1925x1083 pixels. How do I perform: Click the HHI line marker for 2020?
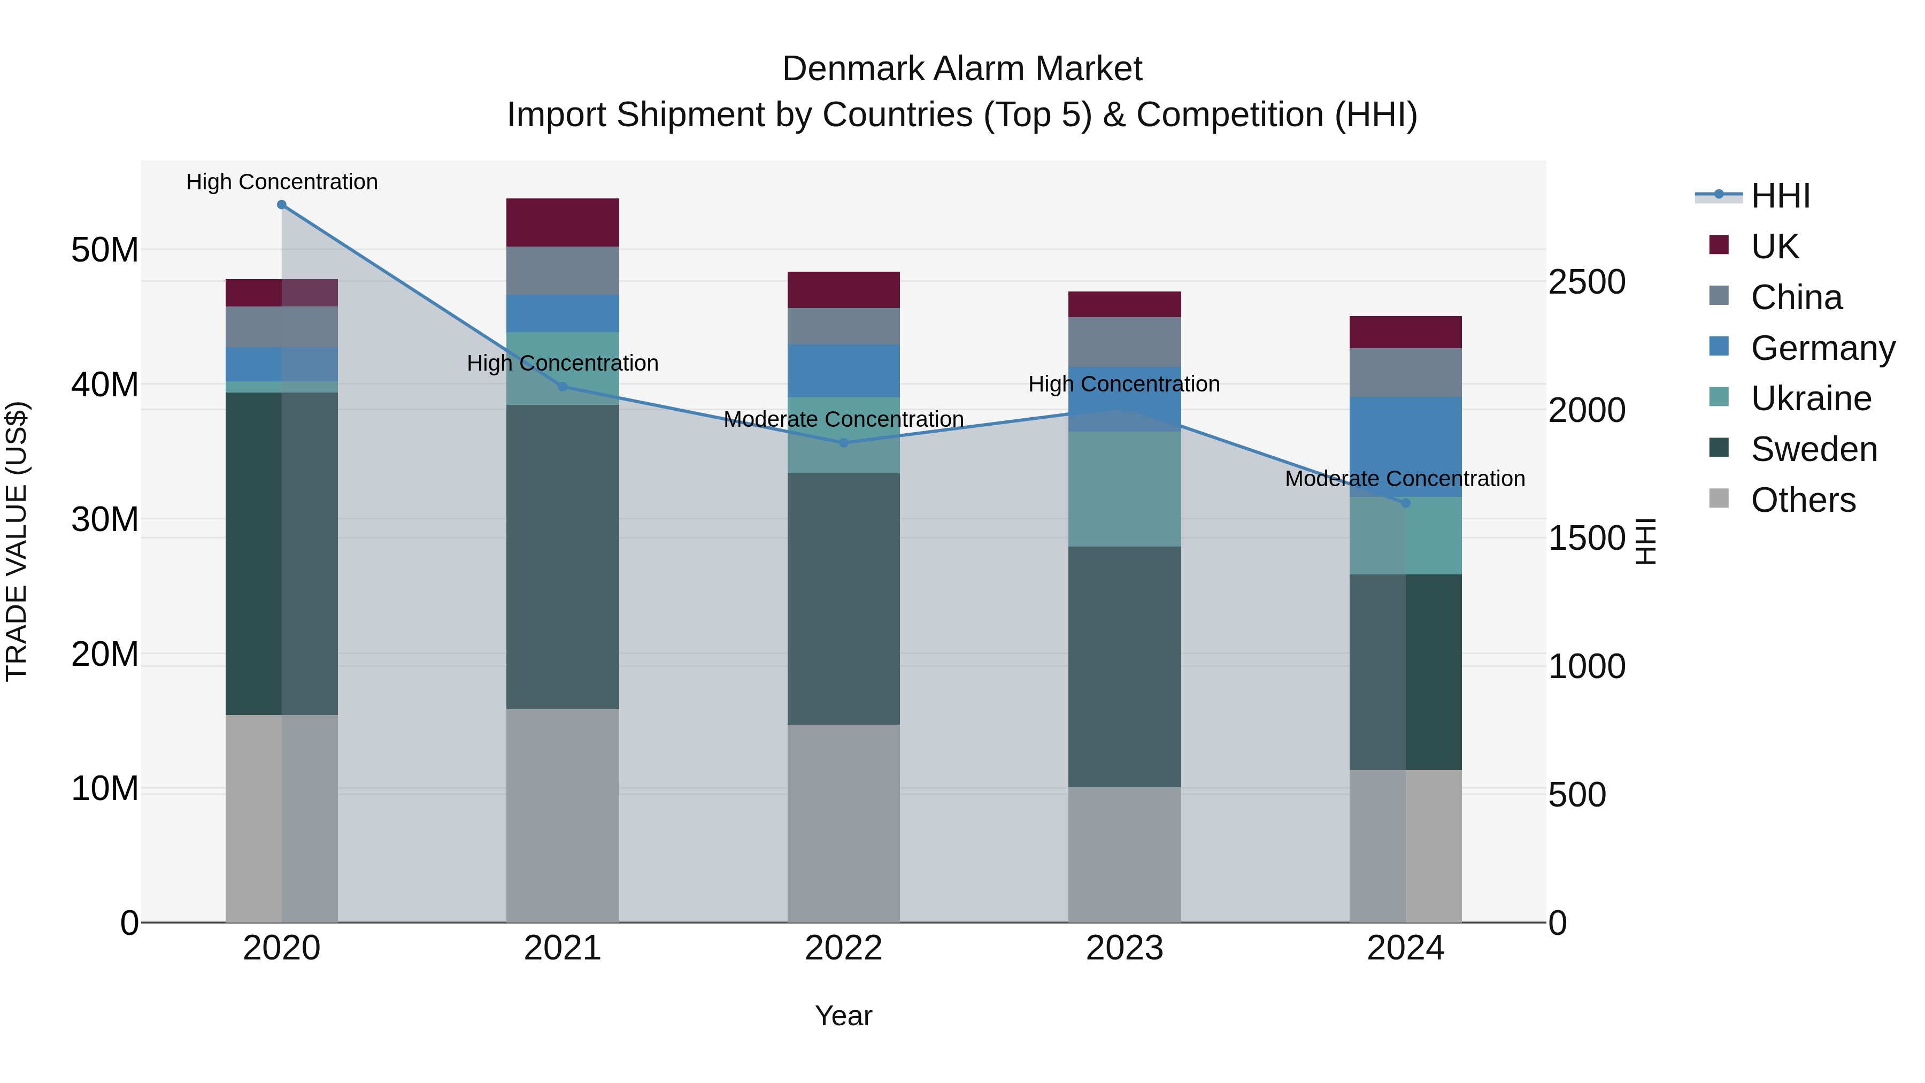(x=282, y=205)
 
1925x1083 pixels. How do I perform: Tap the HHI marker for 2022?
(x=844, y=443)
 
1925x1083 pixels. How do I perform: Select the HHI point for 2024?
(x=1406, y=503)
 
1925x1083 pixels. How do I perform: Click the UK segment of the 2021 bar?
(x=563, y=222)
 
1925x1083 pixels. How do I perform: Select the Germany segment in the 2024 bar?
(x=1406, y=447)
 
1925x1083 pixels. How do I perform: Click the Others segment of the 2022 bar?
(x=844, y=823)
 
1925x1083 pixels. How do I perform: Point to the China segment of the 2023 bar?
(x=1125, y=342)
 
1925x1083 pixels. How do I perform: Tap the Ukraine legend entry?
(x=1811, y=398)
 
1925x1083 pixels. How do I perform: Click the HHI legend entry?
(x=1780, y=196)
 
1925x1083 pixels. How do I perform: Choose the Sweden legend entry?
(x=1814, y=449)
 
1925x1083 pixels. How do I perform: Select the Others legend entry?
(x=1803, y=500)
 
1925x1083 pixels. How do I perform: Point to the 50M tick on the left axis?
(x=105, y=250)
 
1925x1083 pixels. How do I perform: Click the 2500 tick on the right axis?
(x=1587, y=282)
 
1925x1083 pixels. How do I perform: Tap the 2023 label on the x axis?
(x=1125, y=948)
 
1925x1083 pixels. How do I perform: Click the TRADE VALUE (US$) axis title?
(x=17, y=541)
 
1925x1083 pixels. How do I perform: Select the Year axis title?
(x=844, y=1016)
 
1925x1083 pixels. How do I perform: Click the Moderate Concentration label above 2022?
(x=844, y=419)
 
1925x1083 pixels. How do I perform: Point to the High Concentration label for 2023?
(x=1124, y=384)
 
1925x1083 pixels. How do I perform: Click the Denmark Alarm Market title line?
(x=962, y=69)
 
